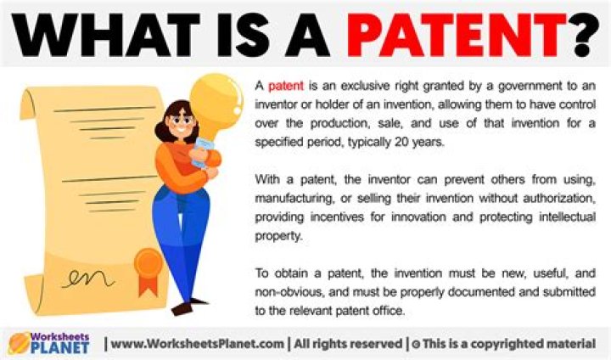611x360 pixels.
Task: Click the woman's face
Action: (x=182, y=127)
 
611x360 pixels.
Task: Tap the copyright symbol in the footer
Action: (x=416, y=344)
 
